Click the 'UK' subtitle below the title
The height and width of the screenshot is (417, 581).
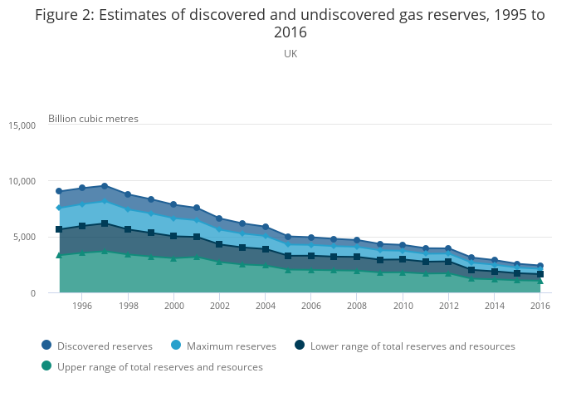[290, 53]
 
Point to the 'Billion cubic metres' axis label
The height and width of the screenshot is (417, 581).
[93, 118]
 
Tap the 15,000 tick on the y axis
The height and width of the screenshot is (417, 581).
[21, 125]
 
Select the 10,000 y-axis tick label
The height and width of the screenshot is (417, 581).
[21, 181]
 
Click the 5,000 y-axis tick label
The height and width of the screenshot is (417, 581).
[23, 237]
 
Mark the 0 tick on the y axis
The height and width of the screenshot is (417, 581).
[32, 293]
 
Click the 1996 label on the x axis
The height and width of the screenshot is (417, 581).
[82, 306]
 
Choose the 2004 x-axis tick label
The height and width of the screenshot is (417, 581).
[266, 306]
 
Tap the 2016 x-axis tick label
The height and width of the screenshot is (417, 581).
[540, 306]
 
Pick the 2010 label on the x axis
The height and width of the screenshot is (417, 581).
[403, 306]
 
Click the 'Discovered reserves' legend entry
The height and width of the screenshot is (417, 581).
[104, 346]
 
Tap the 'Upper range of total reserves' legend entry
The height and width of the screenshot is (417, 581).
[159, 366]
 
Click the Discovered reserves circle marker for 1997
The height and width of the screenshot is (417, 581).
[105, 186]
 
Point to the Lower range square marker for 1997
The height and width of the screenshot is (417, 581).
[105, 223]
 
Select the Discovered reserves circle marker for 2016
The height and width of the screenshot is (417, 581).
[540, 266]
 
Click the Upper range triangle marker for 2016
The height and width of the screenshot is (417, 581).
[540, 281]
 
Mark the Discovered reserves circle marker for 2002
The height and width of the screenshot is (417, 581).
[219, 218]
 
